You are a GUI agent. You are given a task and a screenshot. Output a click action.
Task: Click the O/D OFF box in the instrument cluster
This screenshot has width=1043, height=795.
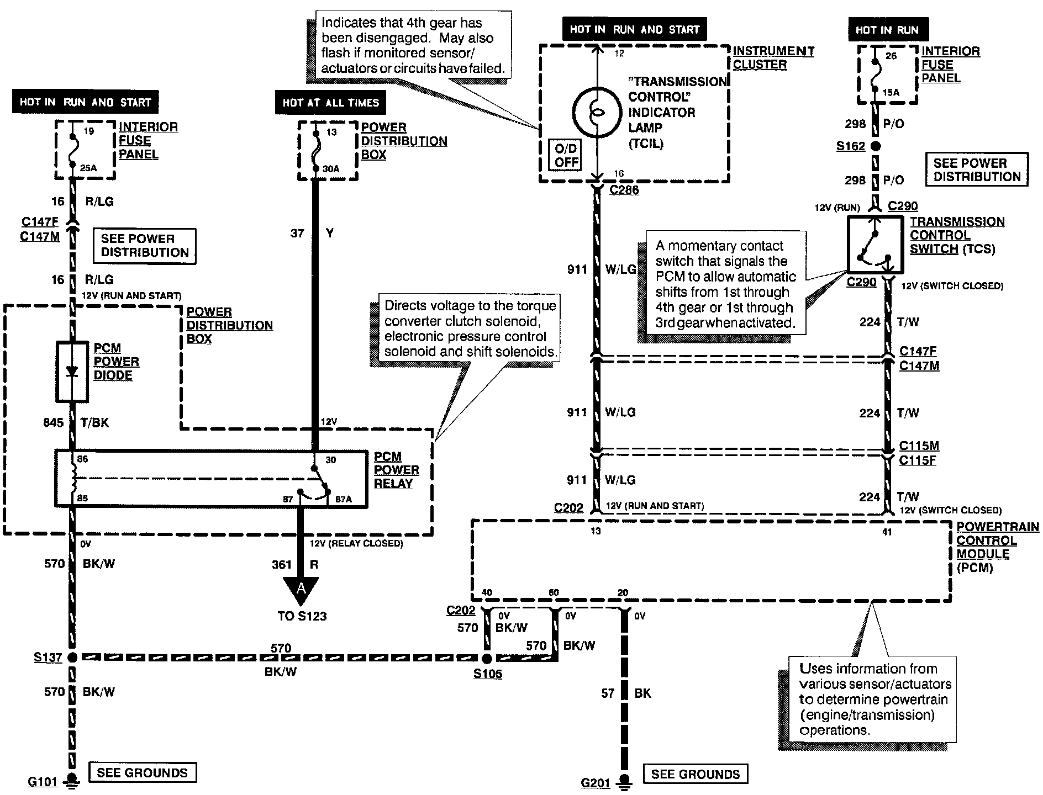[566, 155]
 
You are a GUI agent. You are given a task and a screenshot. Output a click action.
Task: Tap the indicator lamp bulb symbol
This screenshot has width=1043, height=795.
[596, 112]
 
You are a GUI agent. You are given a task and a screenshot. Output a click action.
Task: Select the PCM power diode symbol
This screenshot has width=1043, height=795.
[72, 372]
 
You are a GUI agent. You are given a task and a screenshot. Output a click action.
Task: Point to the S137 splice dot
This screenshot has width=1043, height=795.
[72, 658]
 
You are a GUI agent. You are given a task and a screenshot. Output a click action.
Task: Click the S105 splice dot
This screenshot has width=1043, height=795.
[487, 658]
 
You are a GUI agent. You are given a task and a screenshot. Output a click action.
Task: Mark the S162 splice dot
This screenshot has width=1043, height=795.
[876, 146]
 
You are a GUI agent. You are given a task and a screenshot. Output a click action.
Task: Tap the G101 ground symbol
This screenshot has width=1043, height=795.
[71, 781]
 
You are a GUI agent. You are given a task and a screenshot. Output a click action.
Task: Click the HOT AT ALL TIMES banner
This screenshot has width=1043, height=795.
[330, 103]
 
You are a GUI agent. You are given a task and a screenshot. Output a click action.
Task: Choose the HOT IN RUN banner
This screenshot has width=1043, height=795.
[888, 30]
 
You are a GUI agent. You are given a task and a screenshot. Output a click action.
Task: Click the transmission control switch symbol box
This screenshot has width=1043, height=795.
[876, 244]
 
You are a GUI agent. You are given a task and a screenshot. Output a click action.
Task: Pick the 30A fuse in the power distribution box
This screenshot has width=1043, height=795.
[315, 151]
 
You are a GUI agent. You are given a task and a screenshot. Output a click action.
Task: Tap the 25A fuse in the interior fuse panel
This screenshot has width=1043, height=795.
[72, 150]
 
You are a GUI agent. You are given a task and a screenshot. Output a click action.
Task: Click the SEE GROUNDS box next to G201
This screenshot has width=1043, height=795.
[695, 774]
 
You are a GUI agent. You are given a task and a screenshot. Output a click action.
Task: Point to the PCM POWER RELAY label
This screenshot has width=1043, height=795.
[396, 470]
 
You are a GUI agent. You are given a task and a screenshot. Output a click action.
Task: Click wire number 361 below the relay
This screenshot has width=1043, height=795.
[281, 564]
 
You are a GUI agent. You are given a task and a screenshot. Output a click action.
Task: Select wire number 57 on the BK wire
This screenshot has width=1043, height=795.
[608, 693]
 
